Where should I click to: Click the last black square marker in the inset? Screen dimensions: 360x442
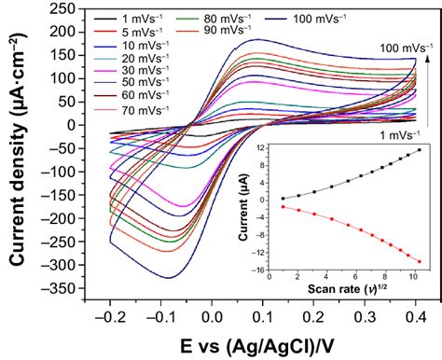pos(420,150)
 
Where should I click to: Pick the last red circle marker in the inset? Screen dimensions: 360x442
pos(420,261)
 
